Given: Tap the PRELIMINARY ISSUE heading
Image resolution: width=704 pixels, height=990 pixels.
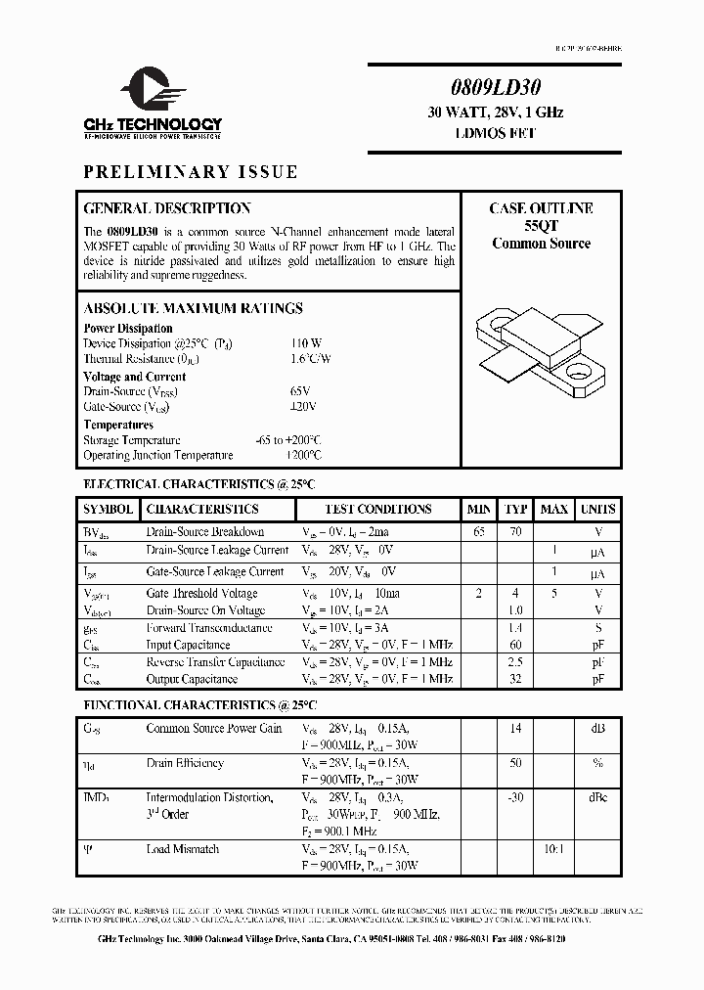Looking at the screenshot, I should click(191, 172).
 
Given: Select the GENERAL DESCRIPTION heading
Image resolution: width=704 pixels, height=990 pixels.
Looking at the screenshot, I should click(167, 208).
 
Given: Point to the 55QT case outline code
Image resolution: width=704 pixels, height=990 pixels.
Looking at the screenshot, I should click(541, 226).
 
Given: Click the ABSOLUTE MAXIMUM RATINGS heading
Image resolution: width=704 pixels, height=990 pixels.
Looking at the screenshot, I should click(193, 308).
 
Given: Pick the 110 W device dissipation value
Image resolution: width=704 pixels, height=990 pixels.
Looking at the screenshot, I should click(305, 343).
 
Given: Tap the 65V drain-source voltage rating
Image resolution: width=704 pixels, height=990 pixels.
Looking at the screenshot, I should click(302, 391).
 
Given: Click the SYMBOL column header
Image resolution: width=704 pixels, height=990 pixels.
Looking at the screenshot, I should click(109, 510).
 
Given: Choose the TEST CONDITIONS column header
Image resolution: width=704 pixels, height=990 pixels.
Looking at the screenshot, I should click(378, 510).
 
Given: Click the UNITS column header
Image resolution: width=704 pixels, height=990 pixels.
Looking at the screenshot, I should click(597, 510).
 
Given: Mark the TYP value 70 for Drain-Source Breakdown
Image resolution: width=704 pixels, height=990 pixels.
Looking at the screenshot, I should click(515, 532).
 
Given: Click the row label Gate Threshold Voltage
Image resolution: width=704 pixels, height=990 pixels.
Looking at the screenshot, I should click(201, 594).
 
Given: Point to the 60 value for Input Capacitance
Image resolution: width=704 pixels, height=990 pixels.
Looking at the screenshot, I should click(515, 645).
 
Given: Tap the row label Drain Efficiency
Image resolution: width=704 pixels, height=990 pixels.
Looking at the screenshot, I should click(185, 763).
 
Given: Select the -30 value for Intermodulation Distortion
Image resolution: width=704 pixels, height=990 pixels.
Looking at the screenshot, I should click(514, 798).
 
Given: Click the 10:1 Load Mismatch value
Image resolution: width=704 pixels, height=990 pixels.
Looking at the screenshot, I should click(553, 849).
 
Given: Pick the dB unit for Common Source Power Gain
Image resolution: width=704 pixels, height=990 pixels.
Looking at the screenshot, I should click(597, 728).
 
